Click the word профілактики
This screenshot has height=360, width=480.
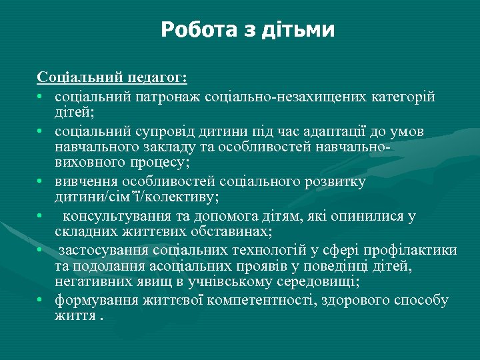point(413,250)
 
